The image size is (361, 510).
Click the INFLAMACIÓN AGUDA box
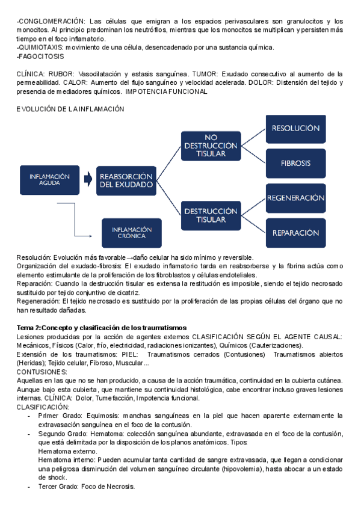[50, 179]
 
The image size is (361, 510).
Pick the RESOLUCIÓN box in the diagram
[295, 128]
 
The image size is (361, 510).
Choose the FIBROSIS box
[295, 163]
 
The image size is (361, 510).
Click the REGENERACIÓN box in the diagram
[295, 198]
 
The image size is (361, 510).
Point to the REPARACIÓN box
[295, 233]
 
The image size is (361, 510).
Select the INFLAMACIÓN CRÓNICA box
[132, 232]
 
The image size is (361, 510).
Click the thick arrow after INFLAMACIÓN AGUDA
[88, 179]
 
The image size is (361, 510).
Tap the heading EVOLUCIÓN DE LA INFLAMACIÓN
[70, 109]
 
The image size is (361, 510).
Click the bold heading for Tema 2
[102, 327]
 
